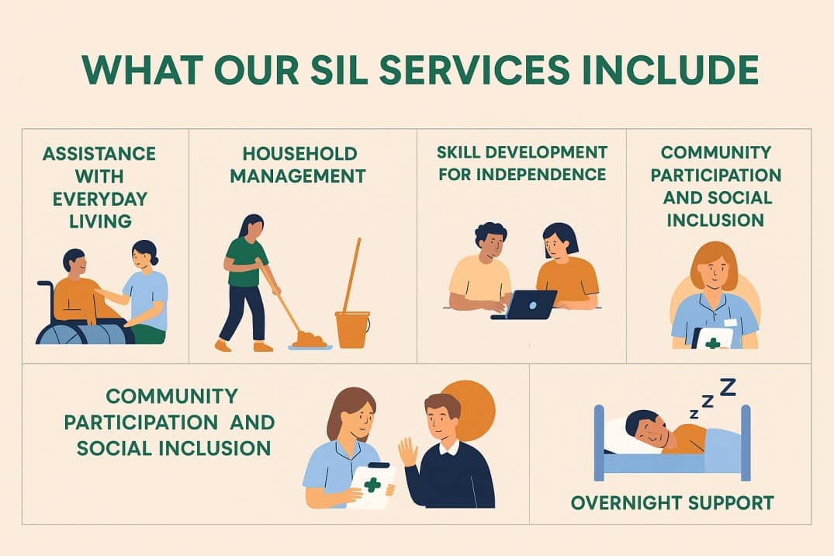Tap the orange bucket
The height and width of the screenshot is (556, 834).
pyautogui.click(x=352, y=329)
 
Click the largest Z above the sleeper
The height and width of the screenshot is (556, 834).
pyautogui.click(x=727, y=386)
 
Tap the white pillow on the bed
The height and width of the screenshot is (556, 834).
pyautogui.click(x=624, y=436)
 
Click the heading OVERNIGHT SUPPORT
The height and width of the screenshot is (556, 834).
pyautogui.click(x=672, y=503)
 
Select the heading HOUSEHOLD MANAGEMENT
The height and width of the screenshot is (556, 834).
pyautogui.click(x=299, y=165)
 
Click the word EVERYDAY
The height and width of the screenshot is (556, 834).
pyautogui.click(x=100, y=199)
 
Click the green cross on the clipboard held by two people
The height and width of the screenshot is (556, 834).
pyautogui.click(x=372, y=485)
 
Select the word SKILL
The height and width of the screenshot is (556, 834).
pyautogui.click(x=465, y=151)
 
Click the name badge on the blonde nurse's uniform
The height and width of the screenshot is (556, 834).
pyautogui.click(x=730, y=321)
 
